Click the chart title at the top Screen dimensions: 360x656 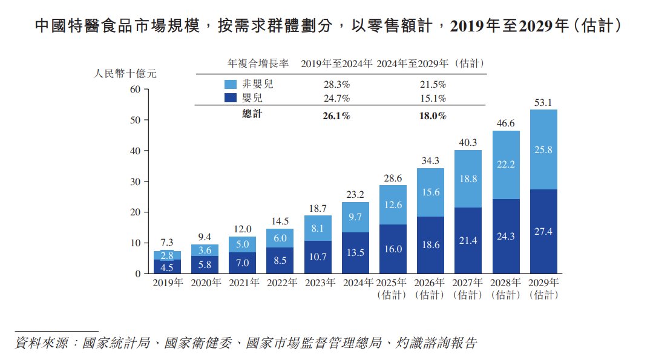pyautogui.click(x=327, y=26)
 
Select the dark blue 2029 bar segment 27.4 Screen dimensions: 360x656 pyautogui.click(x=543, y=232)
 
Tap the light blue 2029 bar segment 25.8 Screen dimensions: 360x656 pyautogui.click(x=543, y=149)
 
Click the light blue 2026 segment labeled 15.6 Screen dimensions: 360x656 pyautogui.click(x=431, y=192)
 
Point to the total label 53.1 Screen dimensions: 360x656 pyautogui.click(x=543, y=103)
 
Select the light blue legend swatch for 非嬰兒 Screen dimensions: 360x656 pyautogui.click(x=231, y=84)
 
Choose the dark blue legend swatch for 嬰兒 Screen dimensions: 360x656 pyautogui.click(x=231, y=98)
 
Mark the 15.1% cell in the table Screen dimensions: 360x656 pyautogui.click(x=433, y=99)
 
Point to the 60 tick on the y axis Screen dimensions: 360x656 pyautogui.click(x=134, y=90)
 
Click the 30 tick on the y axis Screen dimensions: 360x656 pyautogui.click(x=134, y=182)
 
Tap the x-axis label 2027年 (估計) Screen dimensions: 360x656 pyautogui.click(x=468, y=289)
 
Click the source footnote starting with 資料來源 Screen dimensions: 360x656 pyautogui.click(x=246, y=343)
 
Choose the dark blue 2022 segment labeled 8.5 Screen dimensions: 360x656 pyautogui.click(x=280, y=260)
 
